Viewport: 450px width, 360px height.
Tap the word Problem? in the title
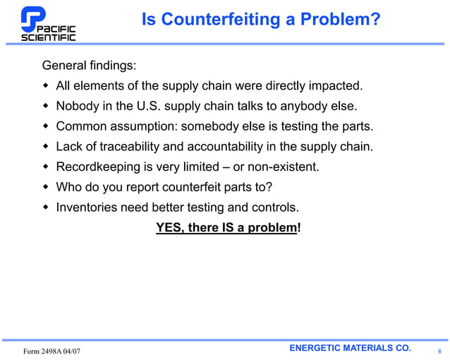341,20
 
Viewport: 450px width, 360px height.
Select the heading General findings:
89,66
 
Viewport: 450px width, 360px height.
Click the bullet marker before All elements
47,86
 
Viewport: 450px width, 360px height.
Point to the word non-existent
283,167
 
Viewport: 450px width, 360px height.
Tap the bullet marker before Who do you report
47,188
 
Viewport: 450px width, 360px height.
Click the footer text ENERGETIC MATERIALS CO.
350,348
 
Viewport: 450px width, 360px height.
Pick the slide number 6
439,351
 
